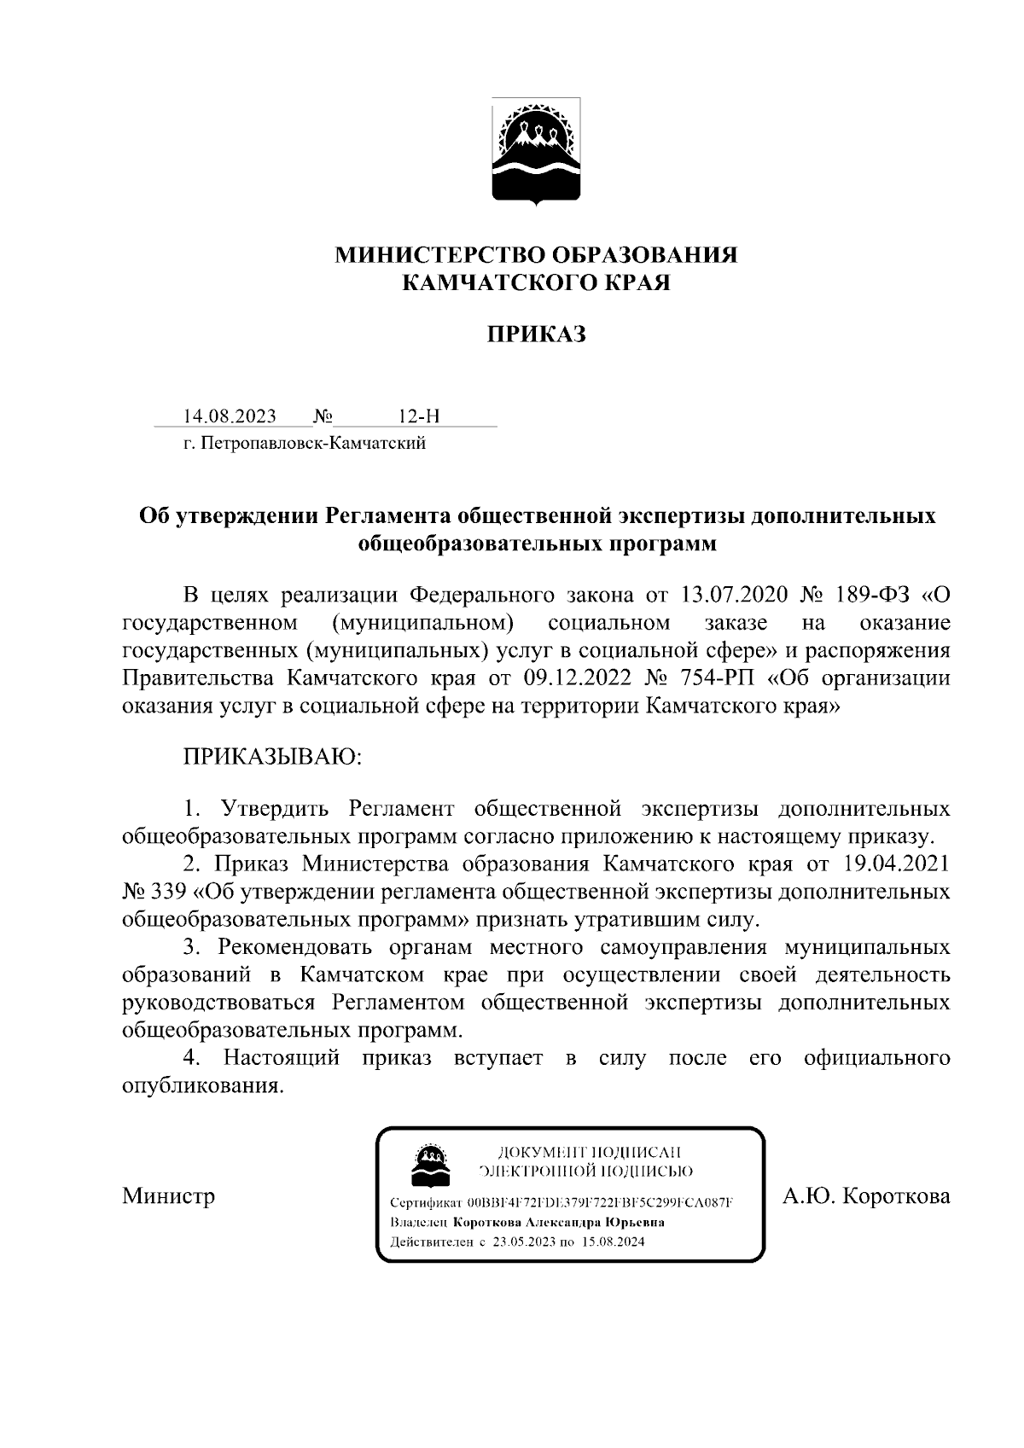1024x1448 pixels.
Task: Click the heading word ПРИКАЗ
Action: click(x=536, y=334)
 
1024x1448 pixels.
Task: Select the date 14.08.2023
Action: click(x=230, y=416)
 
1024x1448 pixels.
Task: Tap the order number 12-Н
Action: click(x=419, y=416)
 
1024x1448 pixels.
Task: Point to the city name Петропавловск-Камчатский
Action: click(x=313, y=444)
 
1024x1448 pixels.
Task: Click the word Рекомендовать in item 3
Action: click(x=294, y=947)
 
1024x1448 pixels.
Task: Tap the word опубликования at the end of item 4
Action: click(x=202, y=1087)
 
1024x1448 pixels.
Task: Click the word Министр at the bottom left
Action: click(x=168, y=1195)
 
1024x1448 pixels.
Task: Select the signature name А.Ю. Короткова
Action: click(x=866, y=1196)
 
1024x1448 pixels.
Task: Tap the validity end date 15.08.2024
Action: click(x=614, y=1242)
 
